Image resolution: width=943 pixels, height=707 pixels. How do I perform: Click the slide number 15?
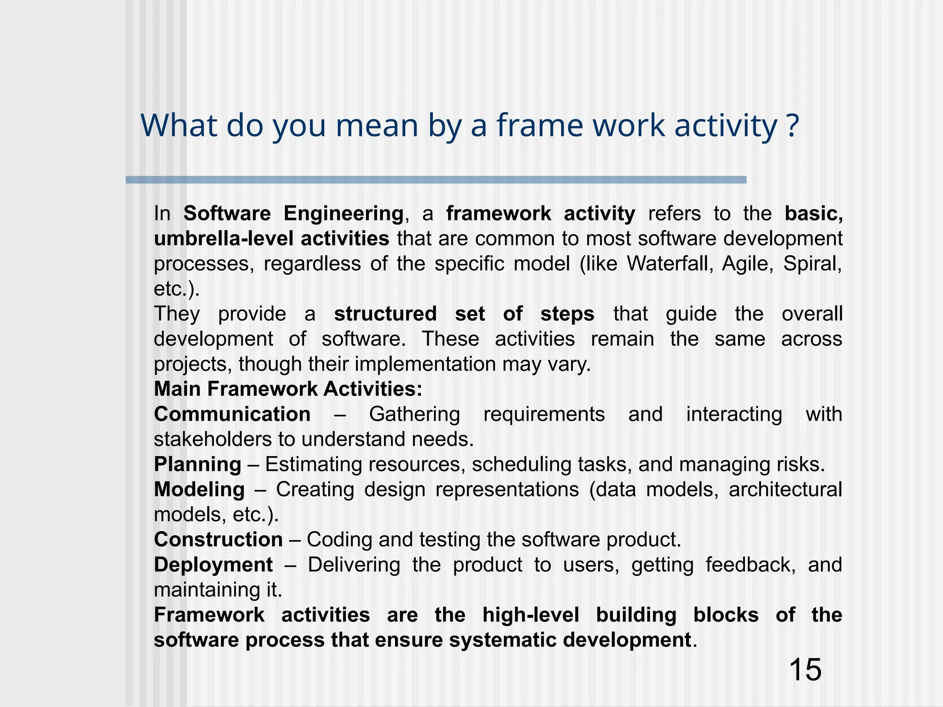pos(805,670)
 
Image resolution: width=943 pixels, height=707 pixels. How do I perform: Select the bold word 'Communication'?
pos(232,414)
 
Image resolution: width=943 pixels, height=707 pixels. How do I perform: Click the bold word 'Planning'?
pos(198,464)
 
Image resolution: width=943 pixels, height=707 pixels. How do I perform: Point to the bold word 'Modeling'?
pos(199,489)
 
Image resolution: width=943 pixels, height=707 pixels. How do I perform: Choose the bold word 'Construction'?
pos(218,539)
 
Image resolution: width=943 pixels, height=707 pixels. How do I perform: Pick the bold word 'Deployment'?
pos(213,565)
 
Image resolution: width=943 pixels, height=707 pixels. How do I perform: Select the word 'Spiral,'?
pos(813,264)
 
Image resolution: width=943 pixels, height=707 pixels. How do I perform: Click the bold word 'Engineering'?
pos(343,214)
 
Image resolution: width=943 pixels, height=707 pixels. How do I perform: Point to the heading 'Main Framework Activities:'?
pos(288,389)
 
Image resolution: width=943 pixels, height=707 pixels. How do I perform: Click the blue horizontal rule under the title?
pos(436,180)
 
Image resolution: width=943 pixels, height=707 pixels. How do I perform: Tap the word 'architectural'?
pos(785,489)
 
